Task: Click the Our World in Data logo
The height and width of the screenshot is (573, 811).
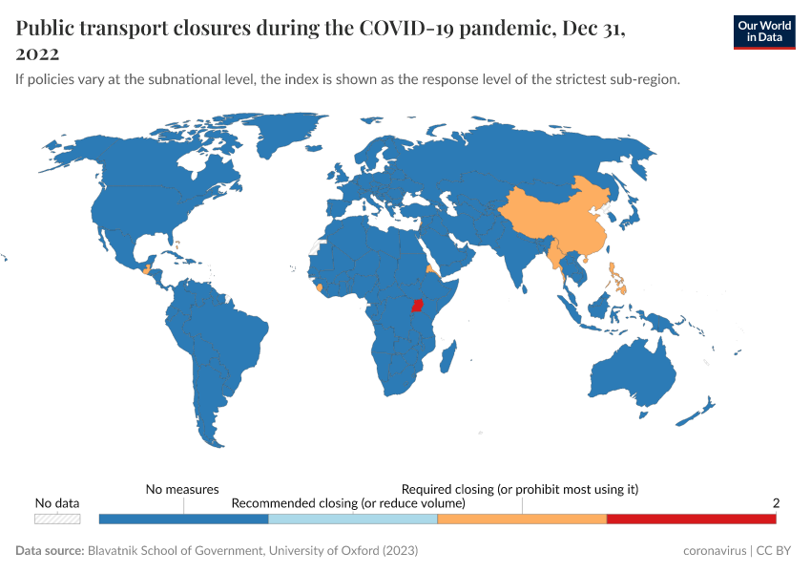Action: [763, 32]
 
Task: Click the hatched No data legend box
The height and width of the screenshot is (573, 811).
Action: [57, 519]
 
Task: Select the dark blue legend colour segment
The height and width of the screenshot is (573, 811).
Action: [183, 519]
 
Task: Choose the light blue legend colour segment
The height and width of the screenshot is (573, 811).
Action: [352, 519]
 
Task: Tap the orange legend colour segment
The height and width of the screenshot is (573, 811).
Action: [521, 519]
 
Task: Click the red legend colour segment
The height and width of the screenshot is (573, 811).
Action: [691, 519]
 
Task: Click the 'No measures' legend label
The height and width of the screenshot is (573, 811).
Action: [182, 489]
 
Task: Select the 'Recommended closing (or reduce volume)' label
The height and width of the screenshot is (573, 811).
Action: [348, 502]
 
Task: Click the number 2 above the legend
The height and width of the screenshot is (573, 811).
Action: [776, 502]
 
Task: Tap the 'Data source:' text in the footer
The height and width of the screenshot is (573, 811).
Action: [50, 551]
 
